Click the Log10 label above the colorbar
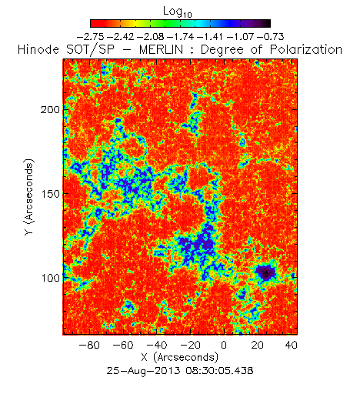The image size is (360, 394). pos(178,12)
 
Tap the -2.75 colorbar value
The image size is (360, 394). pos(91,37)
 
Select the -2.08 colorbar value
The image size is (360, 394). pos(151,37)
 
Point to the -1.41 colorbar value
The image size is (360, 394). pos(211,37)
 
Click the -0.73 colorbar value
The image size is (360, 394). pos(270,37)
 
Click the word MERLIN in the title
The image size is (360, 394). pos(162,49)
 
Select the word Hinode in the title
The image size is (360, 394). pos(38,49)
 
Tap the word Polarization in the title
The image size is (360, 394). pos(306,49)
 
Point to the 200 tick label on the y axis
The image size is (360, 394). pos(50,110)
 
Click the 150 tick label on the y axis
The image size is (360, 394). pos(50,194)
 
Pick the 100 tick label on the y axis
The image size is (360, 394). pos(50,278)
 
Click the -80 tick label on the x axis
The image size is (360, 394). pos(89,345)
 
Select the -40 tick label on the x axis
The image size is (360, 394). pos(156,345)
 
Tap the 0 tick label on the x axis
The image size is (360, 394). pos(224,345)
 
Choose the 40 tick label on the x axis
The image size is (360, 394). pos(292,345)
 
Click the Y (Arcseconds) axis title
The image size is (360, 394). pos(29,197)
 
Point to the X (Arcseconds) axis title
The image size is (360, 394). pos(180,358)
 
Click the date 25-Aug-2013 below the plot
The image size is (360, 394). pos(143,370)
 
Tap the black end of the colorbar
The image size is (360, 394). pos(266,23)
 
